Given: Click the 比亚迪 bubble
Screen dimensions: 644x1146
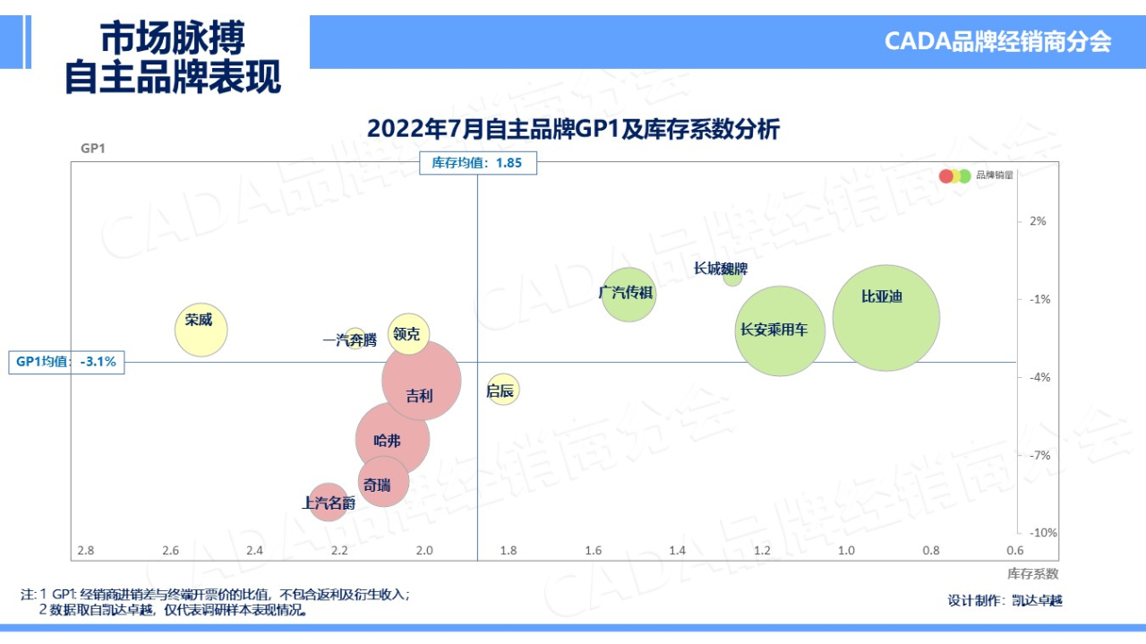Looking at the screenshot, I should [885, 318].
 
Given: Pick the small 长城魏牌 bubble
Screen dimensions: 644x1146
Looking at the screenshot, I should [732, 277].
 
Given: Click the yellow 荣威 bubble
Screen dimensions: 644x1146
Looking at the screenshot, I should [201, 330].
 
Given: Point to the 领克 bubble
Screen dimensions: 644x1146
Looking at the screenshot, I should [409, 334].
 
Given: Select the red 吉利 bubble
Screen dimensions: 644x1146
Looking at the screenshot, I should [422, 380].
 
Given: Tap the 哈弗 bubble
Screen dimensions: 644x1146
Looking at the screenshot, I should [392, 439].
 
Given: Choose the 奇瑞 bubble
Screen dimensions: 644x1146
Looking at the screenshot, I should [383, 482].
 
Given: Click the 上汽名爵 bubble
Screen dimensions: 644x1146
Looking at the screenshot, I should [328, 502].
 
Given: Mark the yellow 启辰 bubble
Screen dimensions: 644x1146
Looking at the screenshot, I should [503, 390].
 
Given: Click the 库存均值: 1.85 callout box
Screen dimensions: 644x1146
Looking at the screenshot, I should [478, 163].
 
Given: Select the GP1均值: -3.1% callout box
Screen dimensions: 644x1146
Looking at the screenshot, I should [66, 362].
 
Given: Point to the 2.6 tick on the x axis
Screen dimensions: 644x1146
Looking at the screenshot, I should [170, 550].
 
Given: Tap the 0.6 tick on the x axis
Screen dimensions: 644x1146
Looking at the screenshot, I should [1014, 550].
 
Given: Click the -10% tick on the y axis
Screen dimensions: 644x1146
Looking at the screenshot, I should [1042, 533].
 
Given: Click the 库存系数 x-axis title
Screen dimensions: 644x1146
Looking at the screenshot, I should [1032, 573].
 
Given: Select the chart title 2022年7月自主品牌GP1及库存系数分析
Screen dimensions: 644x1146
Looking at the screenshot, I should [573, 130].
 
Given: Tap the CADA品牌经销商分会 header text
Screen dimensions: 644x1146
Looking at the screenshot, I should [997, 41].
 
